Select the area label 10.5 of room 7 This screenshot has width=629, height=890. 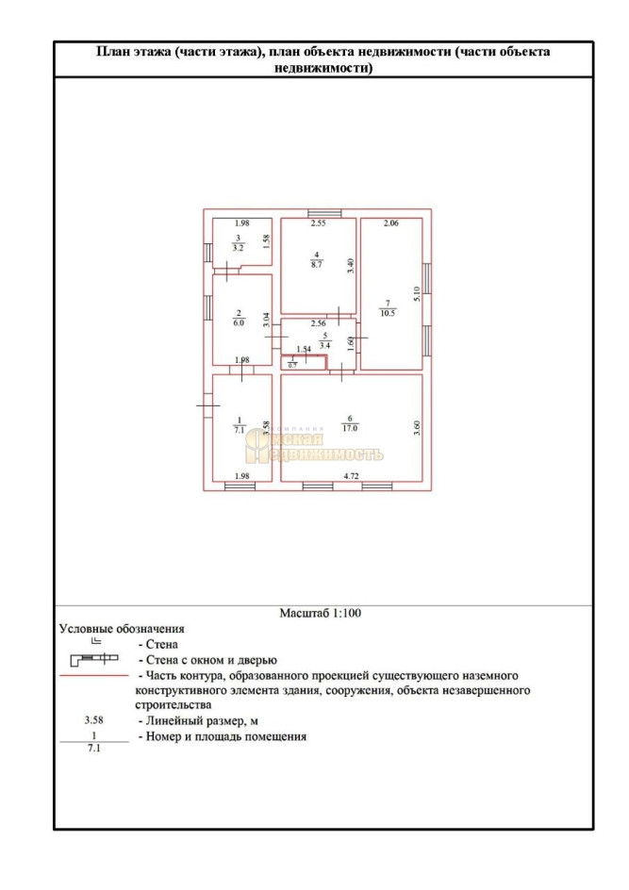387,314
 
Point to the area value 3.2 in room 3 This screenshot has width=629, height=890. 240,248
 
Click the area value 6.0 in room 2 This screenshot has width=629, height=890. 240,321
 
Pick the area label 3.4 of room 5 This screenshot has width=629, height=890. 324,346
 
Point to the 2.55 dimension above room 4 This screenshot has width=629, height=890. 319,223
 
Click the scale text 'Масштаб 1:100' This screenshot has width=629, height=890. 321,613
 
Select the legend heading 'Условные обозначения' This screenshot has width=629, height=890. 122,628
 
